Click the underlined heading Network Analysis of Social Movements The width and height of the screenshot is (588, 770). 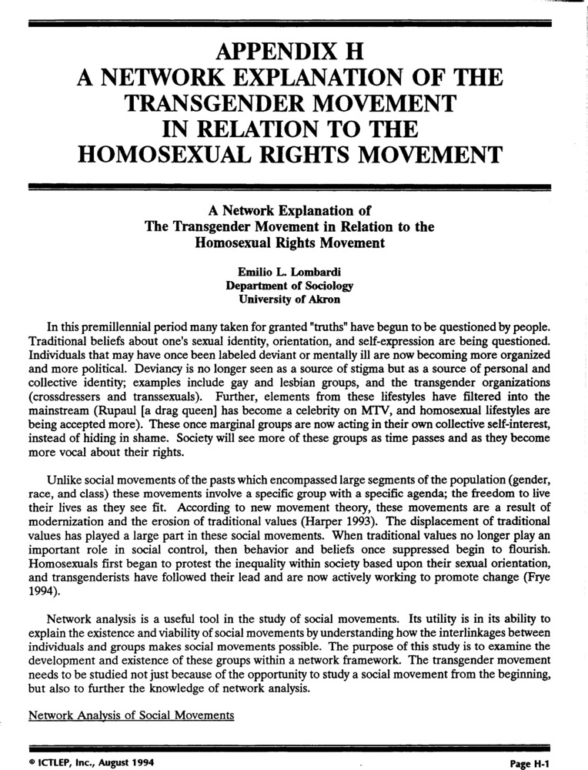(131, 715)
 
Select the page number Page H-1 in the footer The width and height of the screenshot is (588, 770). (531, 763)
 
